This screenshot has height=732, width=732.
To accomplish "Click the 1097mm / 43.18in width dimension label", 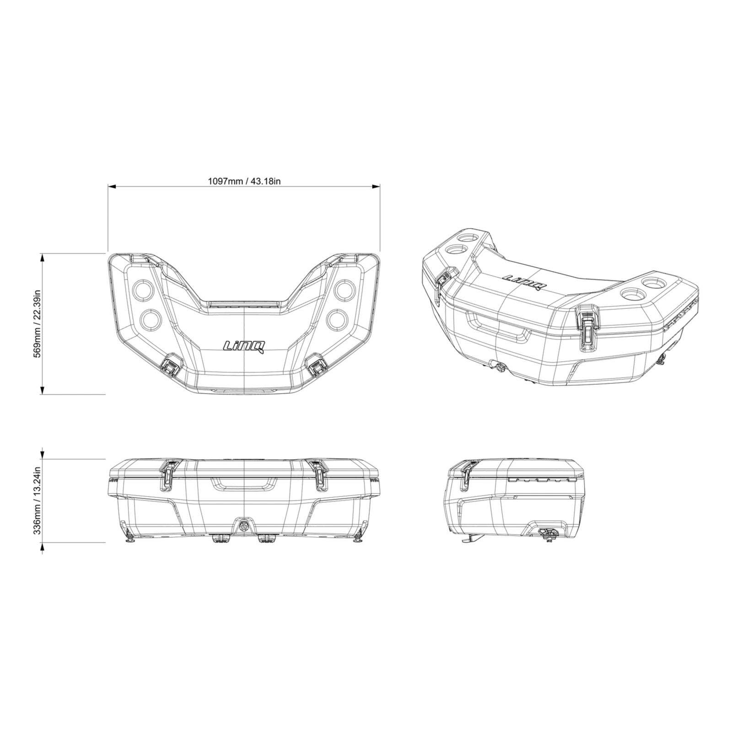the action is pyautogui.click(x=244, y=181).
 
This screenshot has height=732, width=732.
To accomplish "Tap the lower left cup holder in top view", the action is pyautogui.click(x=147, y=320).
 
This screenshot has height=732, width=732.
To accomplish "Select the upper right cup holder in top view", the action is pyautogui.click(x=344, y=290).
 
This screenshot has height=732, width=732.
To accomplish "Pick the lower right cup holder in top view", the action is pyautogui.click(x=341, y=320).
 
